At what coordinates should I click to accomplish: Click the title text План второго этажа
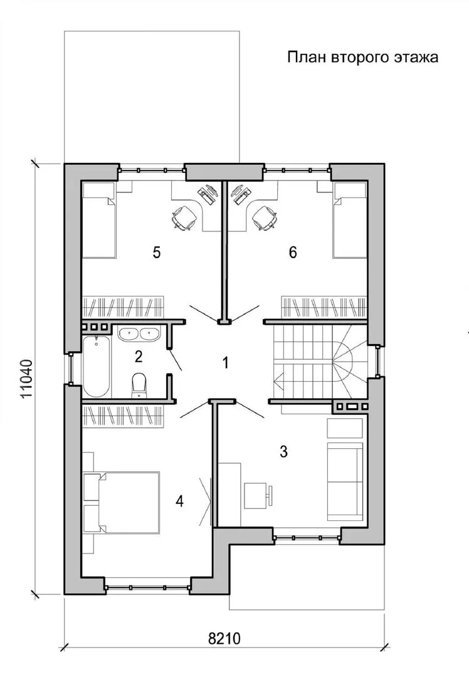point(363,58)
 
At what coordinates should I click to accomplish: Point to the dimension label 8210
point(224,638)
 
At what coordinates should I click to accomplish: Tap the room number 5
point(157,252)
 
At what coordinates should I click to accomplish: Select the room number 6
point(293,252)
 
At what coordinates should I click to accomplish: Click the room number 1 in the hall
point(225,363)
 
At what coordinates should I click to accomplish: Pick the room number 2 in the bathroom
point(138,357)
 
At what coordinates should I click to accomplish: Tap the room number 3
point(283,451)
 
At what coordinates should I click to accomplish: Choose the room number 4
point(180,501)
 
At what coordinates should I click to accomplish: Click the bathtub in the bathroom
point(96,366)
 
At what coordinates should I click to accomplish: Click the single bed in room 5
point(99,220)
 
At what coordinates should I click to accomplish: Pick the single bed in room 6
point(350,220)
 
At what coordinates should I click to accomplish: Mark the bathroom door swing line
point(176,360)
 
